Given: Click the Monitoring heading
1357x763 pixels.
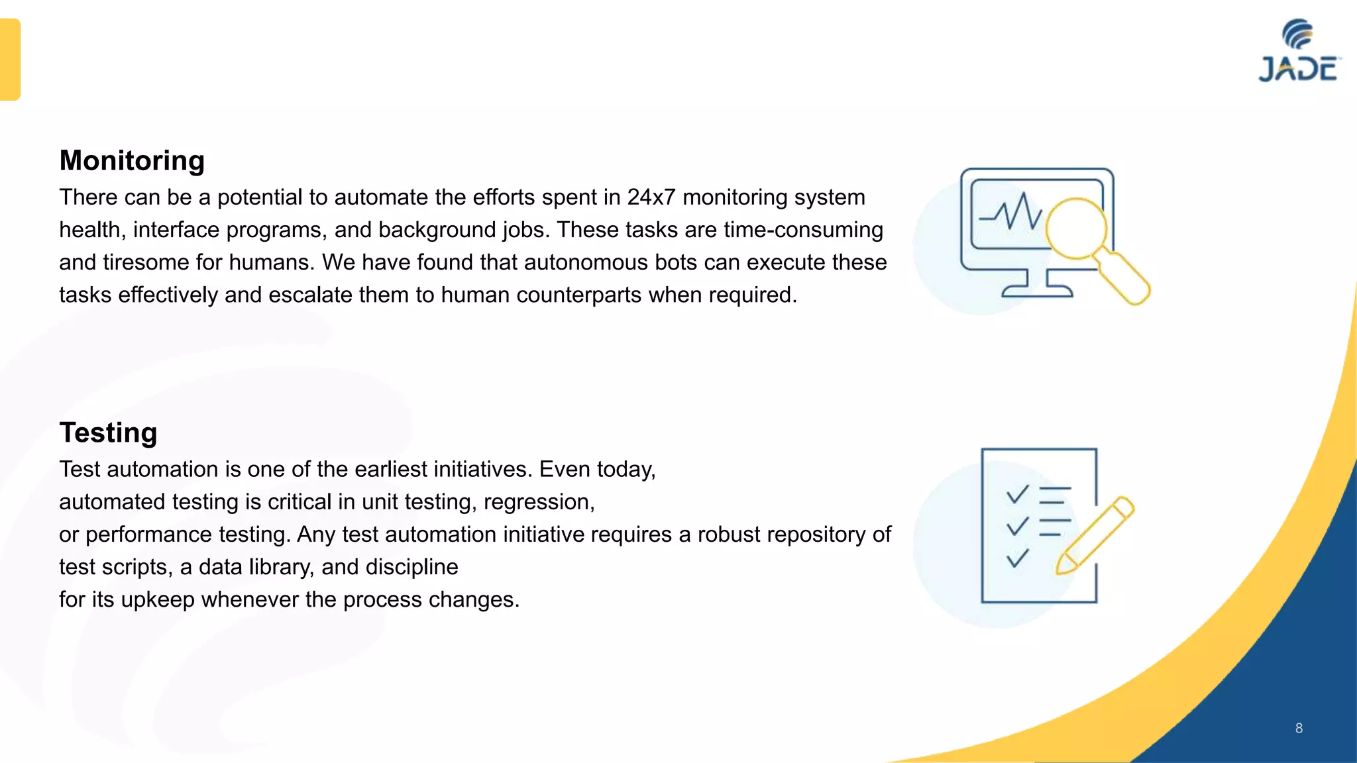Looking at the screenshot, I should click(x=132, y=161).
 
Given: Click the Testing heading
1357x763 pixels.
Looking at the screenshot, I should click(x=108, y=433).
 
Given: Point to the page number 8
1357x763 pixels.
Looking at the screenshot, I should click(x=1299, y=729).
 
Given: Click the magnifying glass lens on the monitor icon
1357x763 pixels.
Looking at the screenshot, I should click(x=1076, y=229).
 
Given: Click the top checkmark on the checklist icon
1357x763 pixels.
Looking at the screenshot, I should click(x=1017, y=494).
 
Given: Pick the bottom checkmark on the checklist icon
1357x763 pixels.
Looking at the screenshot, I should click(x=1017, y=558).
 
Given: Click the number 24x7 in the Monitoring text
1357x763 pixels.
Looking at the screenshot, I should click(x=651, y=197).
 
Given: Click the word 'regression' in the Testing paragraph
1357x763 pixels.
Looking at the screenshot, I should click(x=537, y=502).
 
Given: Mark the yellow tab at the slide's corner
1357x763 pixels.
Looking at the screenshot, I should click(x=10, y=60).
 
